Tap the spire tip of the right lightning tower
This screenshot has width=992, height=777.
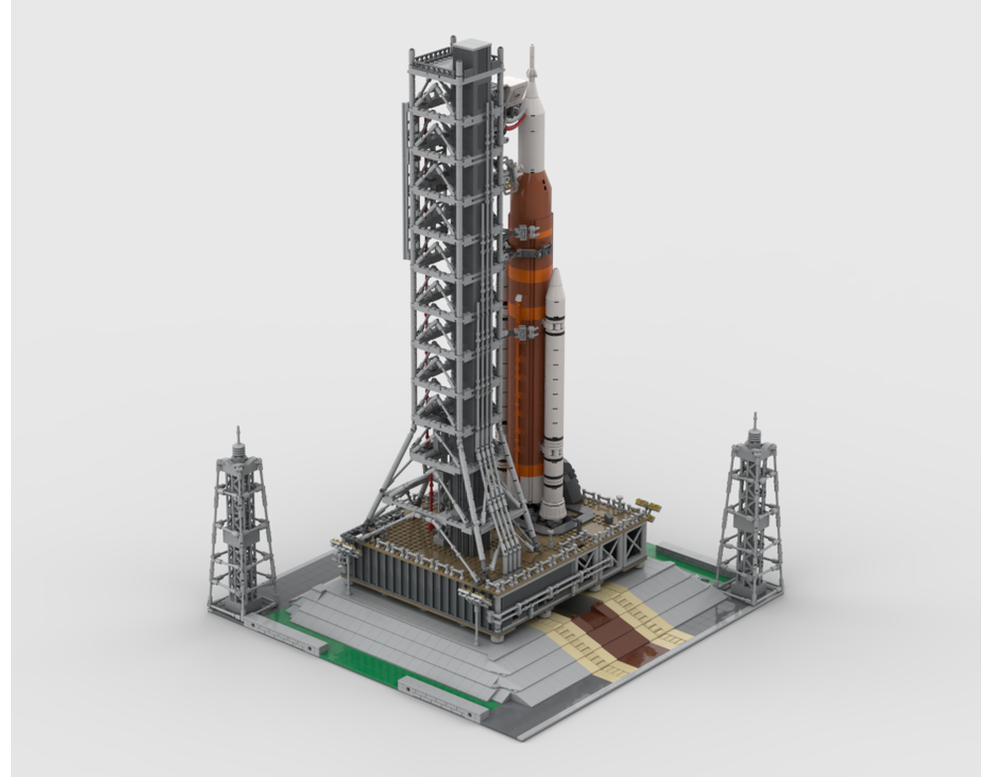click(755, 418)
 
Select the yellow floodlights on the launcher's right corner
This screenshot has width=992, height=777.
click(649, 509)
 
